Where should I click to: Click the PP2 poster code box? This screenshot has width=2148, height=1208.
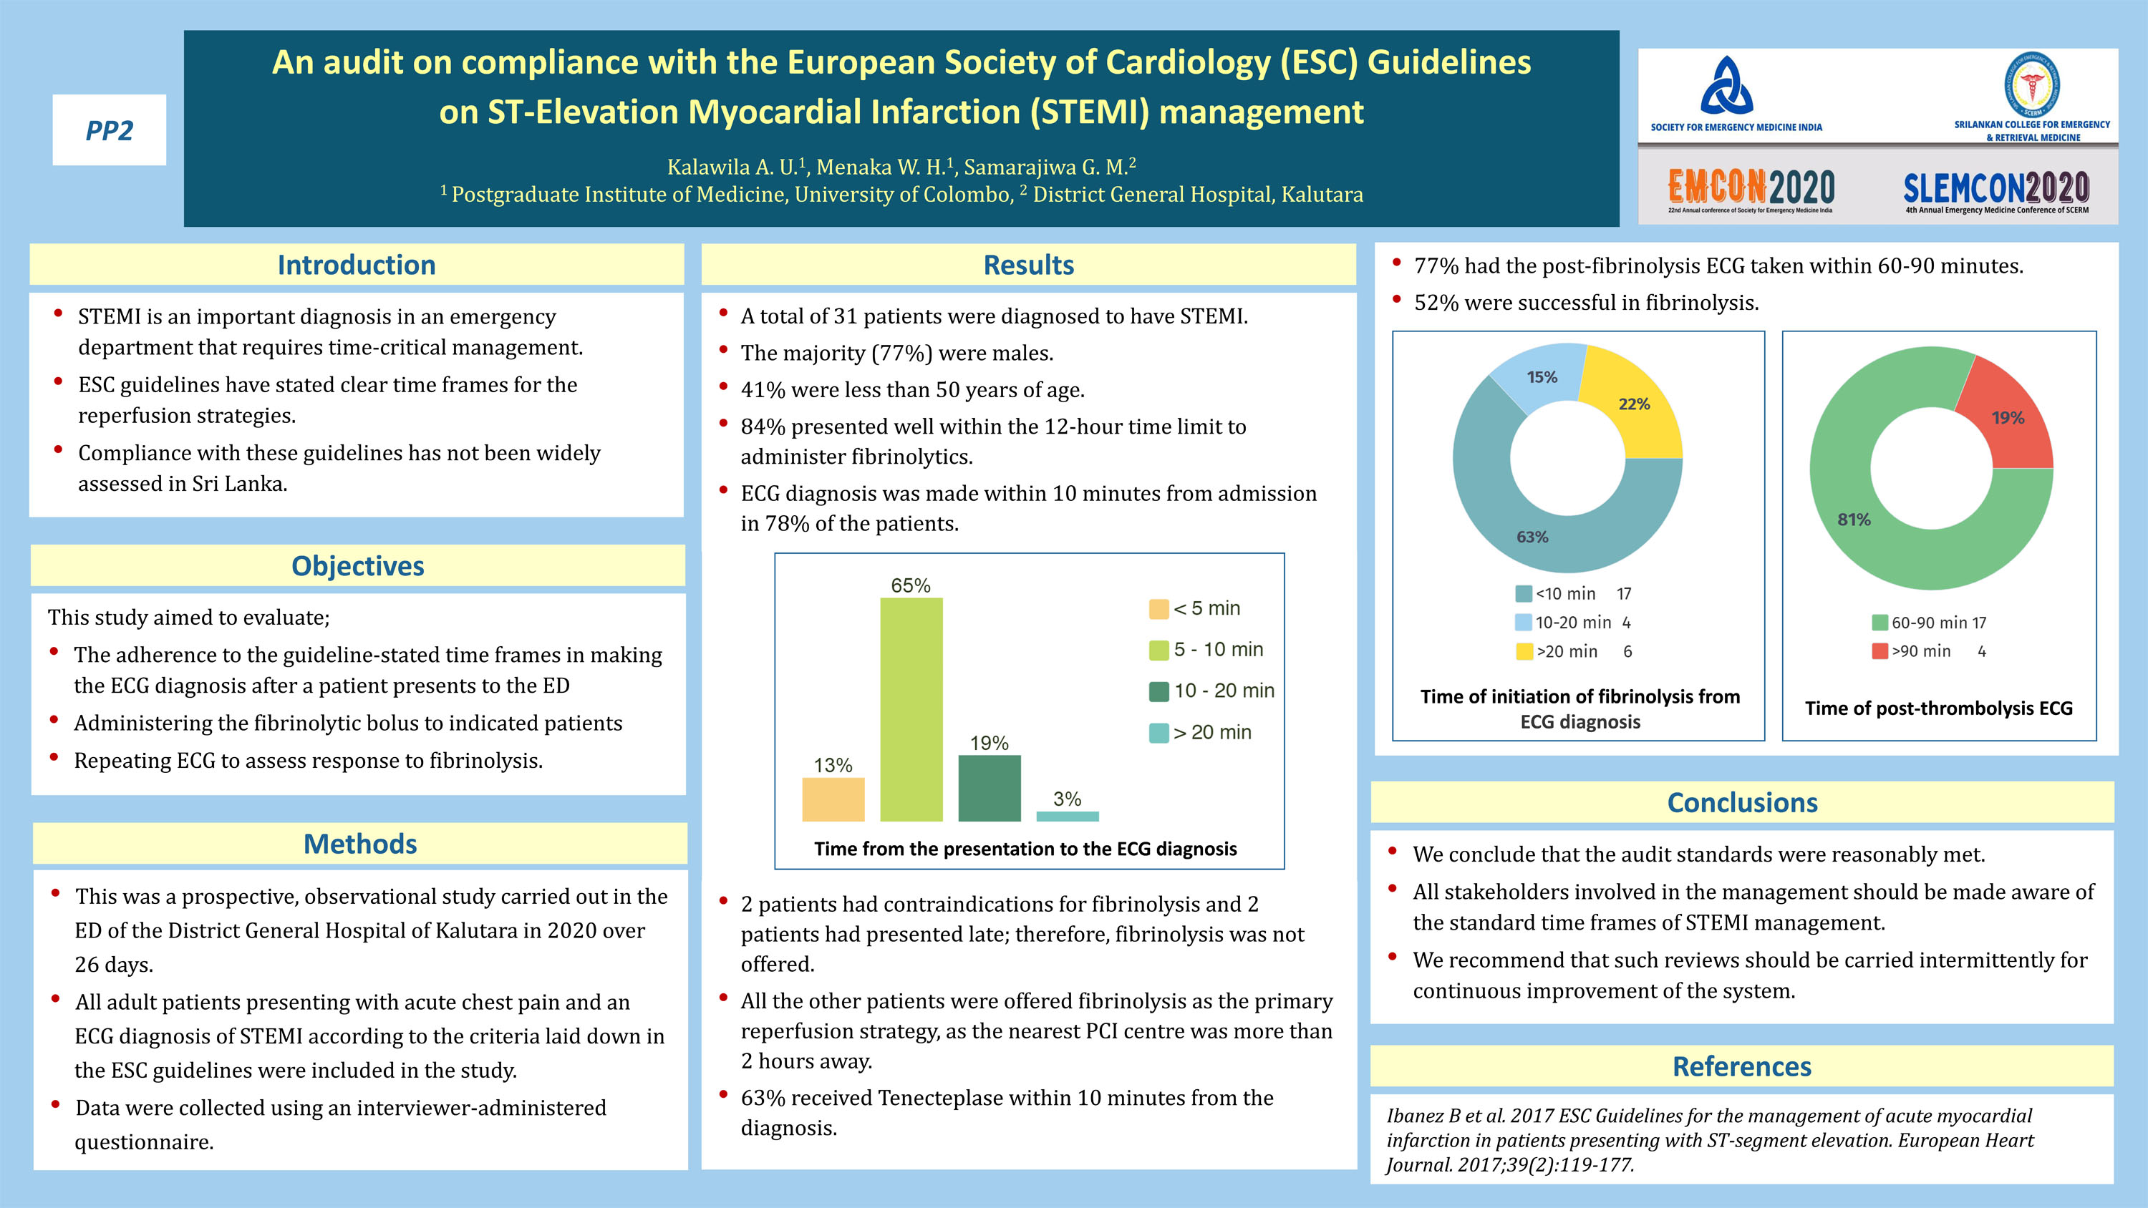click(x=110, y=130)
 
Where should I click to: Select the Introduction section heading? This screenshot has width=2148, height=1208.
click(x=356, y=264)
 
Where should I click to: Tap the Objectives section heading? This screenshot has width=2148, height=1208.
click(x=358, y=565)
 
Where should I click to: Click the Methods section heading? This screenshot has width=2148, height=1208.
click(x=359, y=844)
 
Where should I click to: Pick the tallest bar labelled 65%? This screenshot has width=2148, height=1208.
click(x=911, y=708)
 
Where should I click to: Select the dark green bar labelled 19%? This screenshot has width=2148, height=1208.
click(x=989, y=787)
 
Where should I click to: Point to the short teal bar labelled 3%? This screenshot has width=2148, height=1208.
click(x=1067, y=816)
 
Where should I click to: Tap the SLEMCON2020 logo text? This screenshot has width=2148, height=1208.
click(x=1995, y=187)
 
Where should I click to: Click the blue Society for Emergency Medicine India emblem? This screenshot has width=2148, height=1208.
click(x=1726, y=86)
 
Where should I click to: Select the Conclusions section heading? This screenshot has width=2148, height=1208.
click(x=1742, y=802)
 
